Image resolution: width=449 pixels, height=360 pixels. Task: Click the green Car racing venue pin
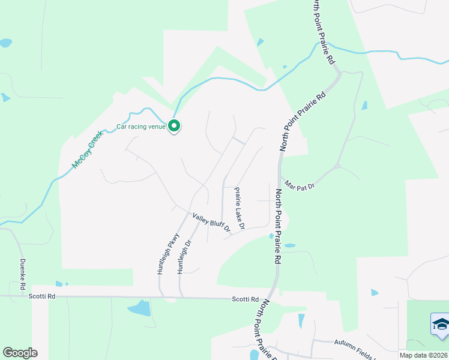(174, 126)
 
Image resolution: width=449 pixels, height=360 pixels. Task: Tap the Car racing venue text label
(140, 127)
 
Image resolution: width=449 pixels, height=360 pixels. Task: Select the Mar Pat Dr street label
(300, 185)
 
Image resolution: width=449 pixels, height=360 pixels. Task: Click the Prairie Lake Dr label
(239, 208)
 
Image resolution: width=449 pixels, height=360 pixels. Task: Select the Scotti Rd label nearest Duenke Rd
(43, 296)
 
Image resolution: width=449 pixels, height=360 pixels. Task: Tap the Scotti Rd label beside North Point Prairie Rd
(246, 299)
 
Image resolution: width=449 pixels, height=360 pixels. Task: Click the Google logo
(20, 353)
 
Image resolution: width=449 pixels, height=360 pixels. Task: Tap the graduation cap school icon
(442, 325)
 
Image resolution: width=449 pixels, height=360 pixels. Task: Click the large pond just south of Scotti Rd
(139, 308)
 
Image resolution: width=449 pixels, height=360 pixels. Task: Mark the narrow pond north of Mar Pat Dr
(364, 106)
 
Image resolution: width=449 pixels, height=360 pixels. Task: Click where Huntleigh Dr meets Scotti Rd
(180, 297)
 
